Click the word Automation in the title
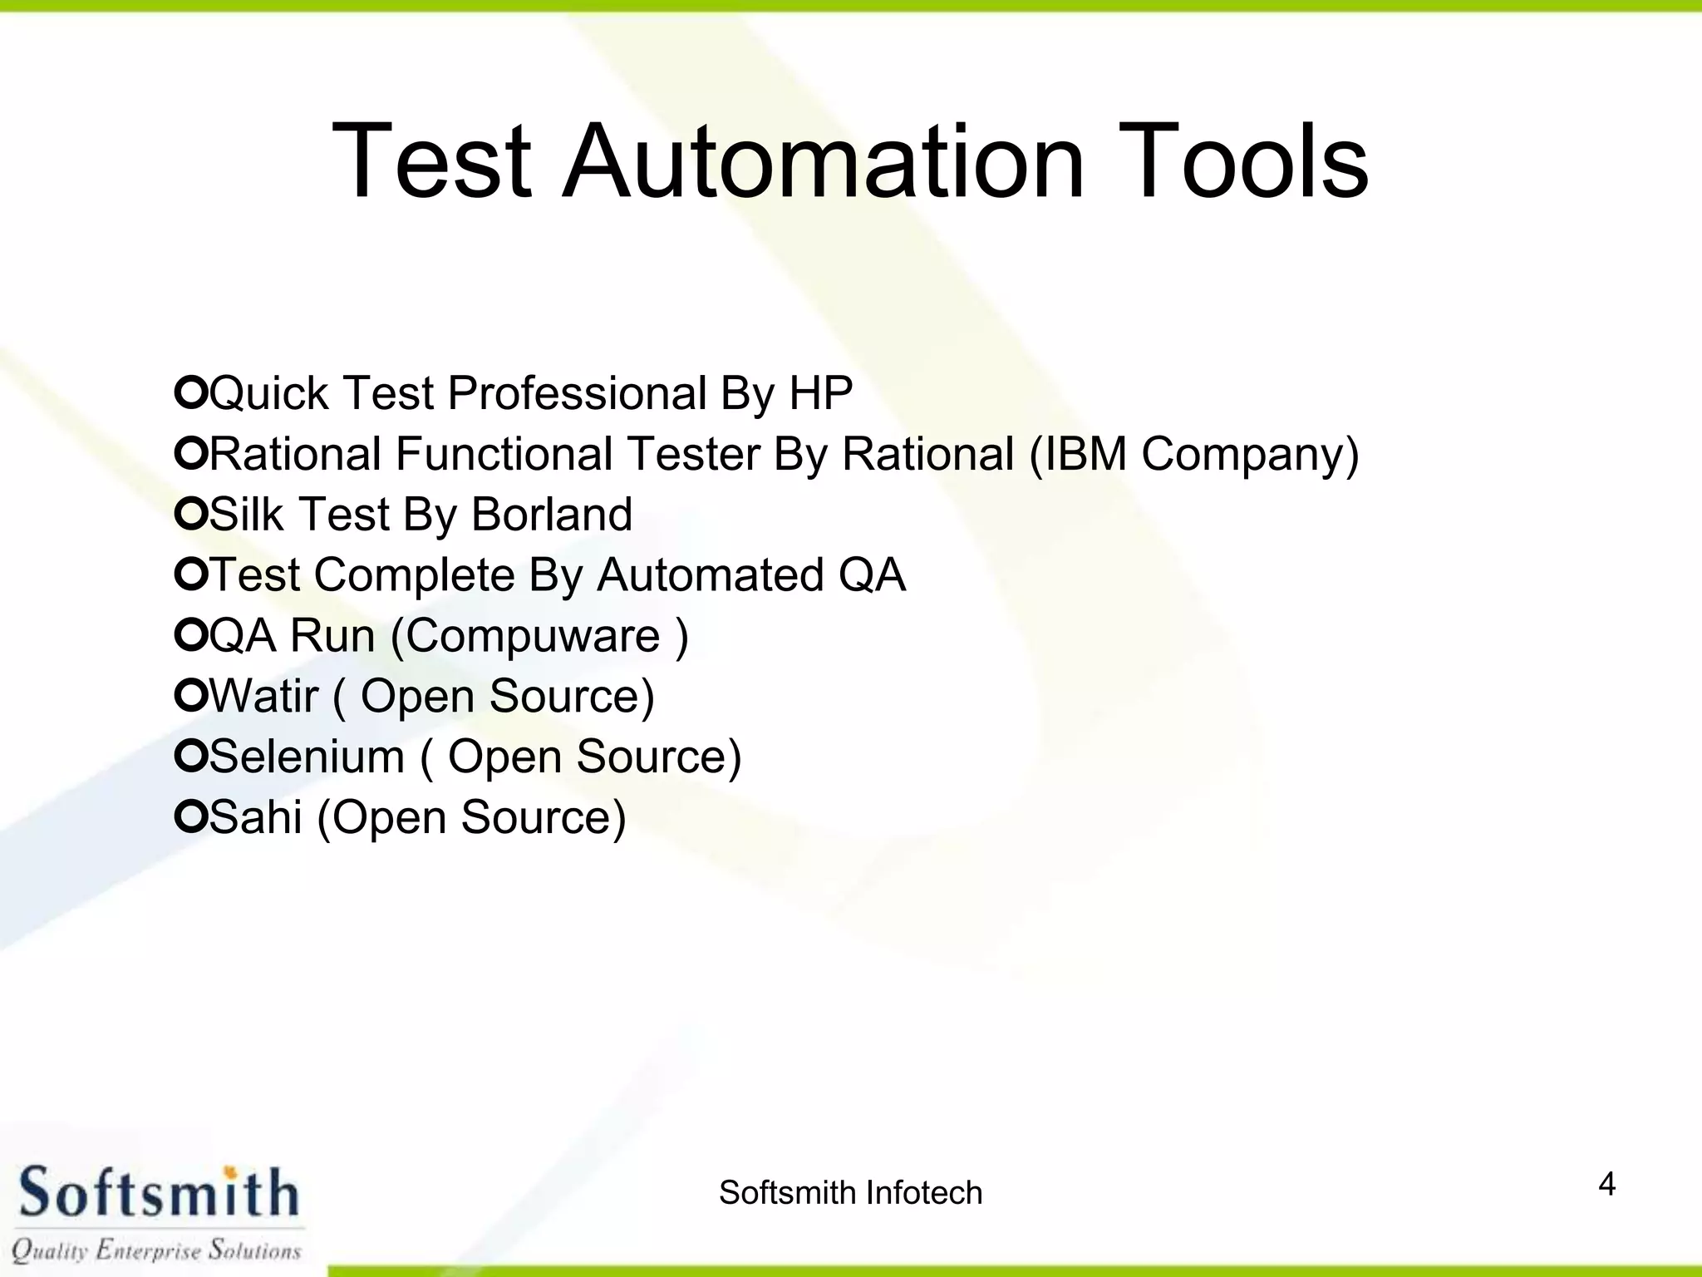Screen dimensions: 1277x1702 (824, 161)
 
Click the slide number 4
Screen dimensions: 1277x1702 (1606, 1184)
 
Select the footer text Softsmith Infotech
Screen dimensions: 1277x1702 (850, 1193)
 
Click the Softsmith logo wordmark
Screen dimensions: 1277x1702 (158, 1193)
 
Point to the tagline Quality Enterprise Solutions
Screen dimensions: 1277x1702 (156, 1250)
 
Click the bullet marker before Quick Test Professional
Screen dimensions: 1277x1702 (190, 392)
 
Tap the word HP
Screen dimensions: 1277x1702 (820, 393)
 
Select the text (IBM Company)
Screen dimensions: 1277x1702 (1193, 455)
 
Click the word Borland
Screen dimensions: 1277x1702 (552, 515)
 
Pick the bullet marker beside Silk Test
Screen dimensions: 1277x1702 (190, 513)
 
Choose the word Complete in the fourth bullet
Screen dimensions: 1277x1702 (414, 575)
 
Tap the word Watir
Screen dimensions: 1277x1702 (263, 697)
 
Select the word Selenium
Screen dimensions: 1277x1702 (307, 757)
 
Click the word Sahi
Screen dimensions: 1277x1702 (255, 817)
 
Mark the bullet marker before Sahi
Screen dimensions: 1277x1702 (190, 816)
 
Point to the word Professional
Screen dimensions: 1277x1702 (577, 393)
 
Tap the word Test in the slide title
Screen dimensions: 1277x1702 (431, 161)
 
